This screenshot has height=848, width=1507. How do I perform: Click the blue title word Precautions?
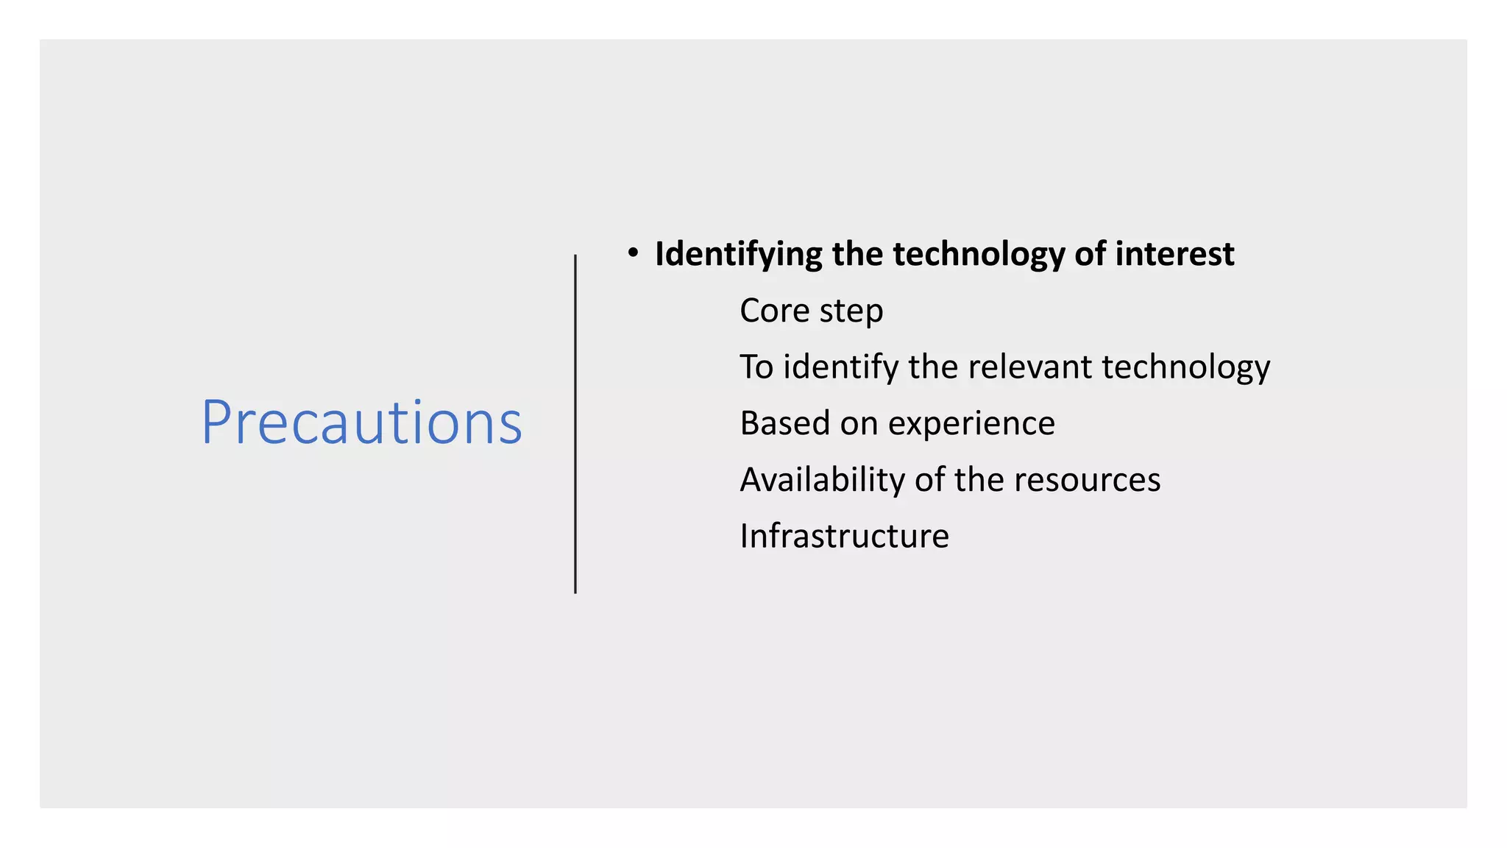[x=361, y=423]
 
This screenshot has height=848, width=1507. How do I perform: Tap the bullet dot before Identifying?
[x=633, y=253]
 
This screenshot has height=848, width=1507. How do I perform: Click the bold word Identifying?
[x=739, y=255]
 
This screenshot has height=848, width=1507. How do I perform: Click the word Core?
[x=774, y=311]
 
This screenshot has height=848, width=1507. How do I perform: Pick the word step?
[x=851, y=312]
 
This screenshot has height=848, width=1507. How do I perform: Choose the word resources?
[x=1087, y=481]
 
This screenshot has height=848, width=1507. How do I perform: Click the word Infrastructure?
[x=844, y=536]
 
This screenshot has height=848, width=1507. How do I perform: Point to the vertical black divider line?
[x=575, y=424]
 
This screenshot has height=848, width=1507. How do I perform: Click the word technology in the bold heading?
[x=979, y=255]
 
